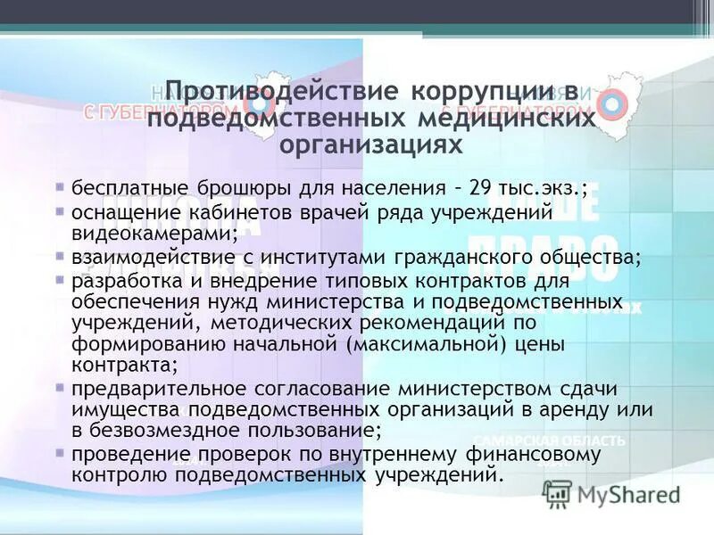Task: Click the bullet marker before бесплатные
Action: point(59,188)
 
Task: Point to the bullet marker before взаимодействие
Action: point(59,256)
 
